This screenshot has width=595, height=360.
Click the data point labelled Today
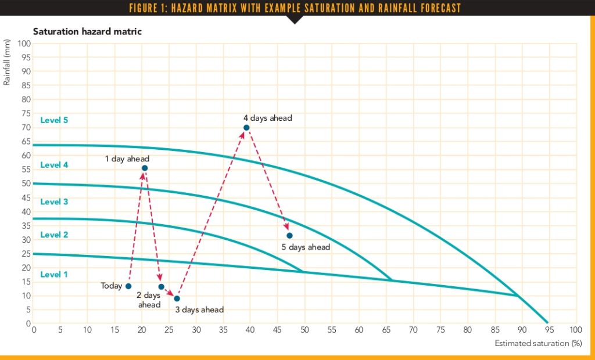(x=128, y=286)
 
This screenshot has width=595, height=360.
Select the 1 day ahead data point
(x=145, y=168)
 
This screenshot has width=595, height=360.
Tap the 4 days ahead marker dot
(x=246, y=128)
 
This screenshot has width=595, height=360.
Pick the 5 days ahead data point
(x=289, y=235)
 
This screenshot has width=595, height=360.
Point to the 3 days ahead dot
(x=177, y=298)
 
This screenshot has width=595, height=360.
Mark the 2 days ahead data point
(x=161, y=287)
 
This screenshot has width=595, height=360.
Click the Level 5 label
(x=54, y=120)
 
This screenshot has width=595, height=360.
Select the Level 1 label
(x=54, y=274)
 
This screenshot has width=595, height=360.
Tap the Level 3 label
(x=54, y=202)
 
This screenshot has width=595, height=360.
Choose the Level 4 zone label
(x=54, y=165)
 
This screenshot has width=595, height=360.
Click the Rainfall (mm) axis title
(x=7, y=65)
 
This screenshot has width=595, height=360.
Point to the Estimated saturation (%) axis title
(x=538, y=343)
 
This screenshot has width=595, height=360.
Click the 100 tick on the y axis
(x=24, y=44)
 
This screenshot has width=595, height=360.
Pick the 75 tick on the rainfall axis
(x=26, y=113)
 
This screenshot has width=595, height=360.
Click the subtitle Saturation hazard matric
(x=87, y=31)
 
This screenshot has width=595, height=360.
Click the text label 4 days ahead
(x=268, y=118)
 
